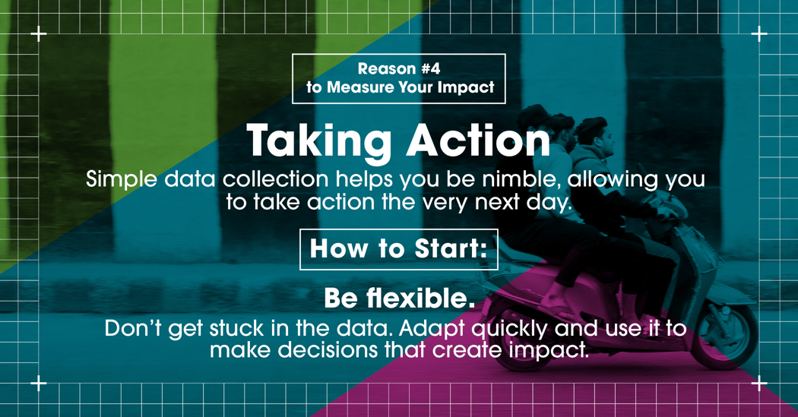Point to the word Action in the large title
pos(478,141)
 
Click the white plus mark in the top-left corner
pos(39,34)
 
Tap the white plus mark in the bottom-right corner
pos(758,384)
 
